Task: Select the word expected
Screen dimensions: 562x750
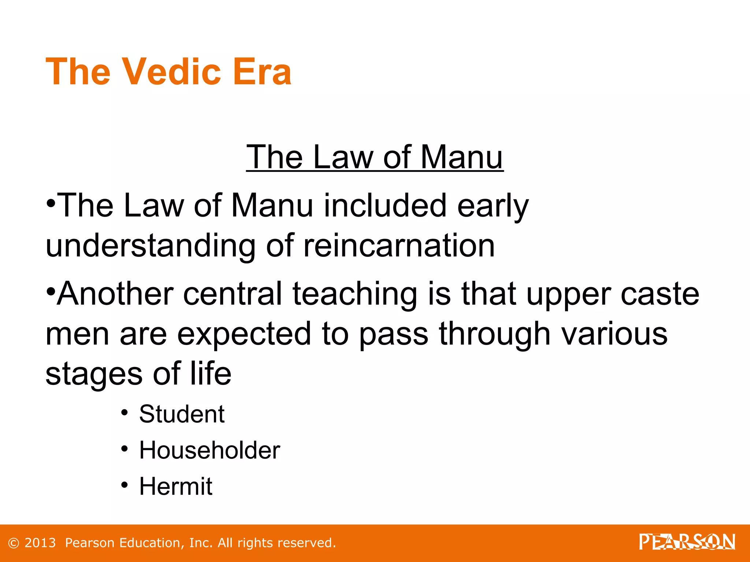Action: (244, 334)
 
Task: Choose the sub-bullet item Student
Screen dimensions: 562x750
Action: (182, 414)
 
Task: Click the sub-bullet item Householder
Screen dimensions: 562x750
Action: (209, 450)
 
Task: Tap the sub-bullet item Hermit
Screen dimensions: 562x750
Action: (176, 486)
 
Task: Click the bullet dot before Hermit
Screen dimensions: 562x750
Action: (125, 485)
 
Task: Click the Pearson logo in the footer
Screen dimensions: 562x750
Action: (687, 542)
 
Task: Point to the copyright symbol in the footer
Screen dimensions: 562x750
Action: (13, 543)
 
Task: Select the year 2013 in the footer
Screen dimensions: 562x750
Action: (40, 543)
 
